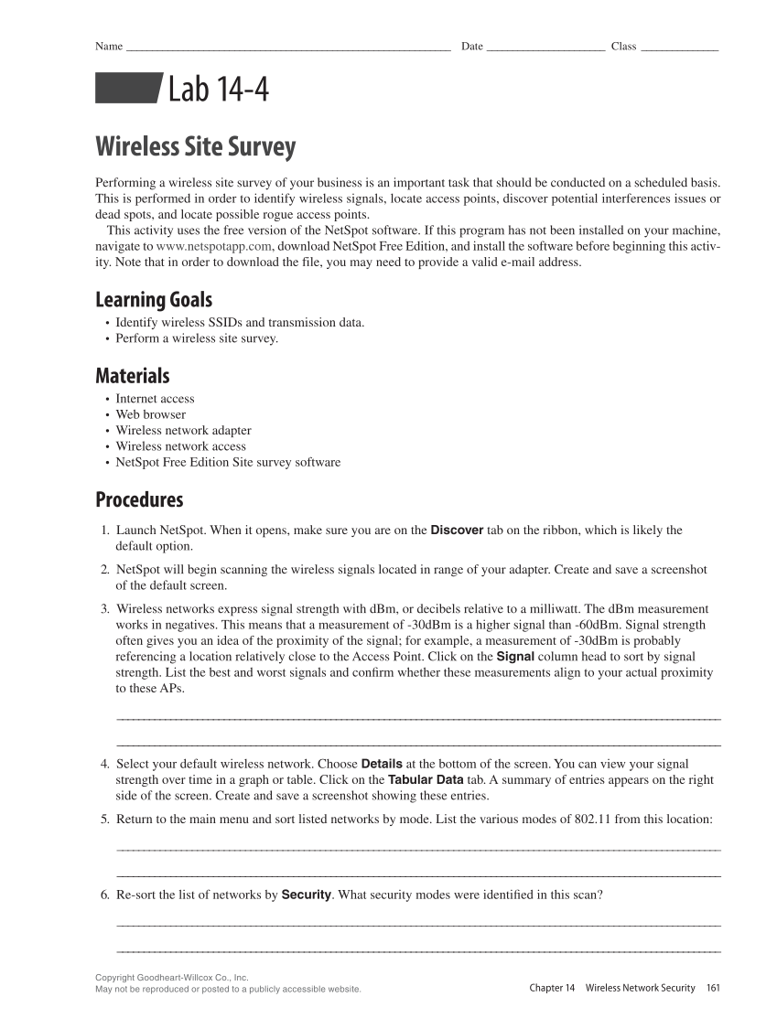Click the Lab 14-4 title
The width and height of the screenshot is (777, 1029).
point(219,90)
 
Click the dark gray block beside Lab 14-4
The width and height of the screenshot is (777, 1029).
point(127,90)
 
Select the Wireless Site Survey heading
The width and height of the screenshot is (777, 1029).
point(196,147)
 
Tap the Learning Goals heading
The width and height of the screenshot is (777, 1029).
point(154,299)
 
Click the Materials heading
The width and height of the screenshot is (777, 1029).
point(133,376)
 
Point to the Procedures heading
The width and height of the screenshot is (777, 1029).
point(139,499)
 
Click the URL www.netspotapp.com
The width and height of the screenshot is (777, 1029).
point(214,246)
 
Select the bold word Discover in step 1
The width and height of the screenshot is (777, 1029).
point(457,530)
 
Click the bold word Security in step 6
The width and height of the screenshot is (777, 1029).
point(306,894)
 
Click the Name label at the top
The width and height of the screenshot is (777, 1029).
point(109,47)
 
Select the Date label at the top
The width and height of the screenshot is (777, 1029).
point(472,47)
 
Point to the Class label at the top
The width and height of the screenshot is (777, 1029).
point(623,47)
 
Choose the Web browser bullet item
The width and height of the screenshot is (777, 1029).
point(150,414)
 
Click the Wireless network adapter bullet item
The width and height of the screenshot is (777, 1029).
point(183,430)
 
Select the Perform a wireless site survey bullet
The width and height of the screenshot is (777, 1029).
point(197,338)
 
